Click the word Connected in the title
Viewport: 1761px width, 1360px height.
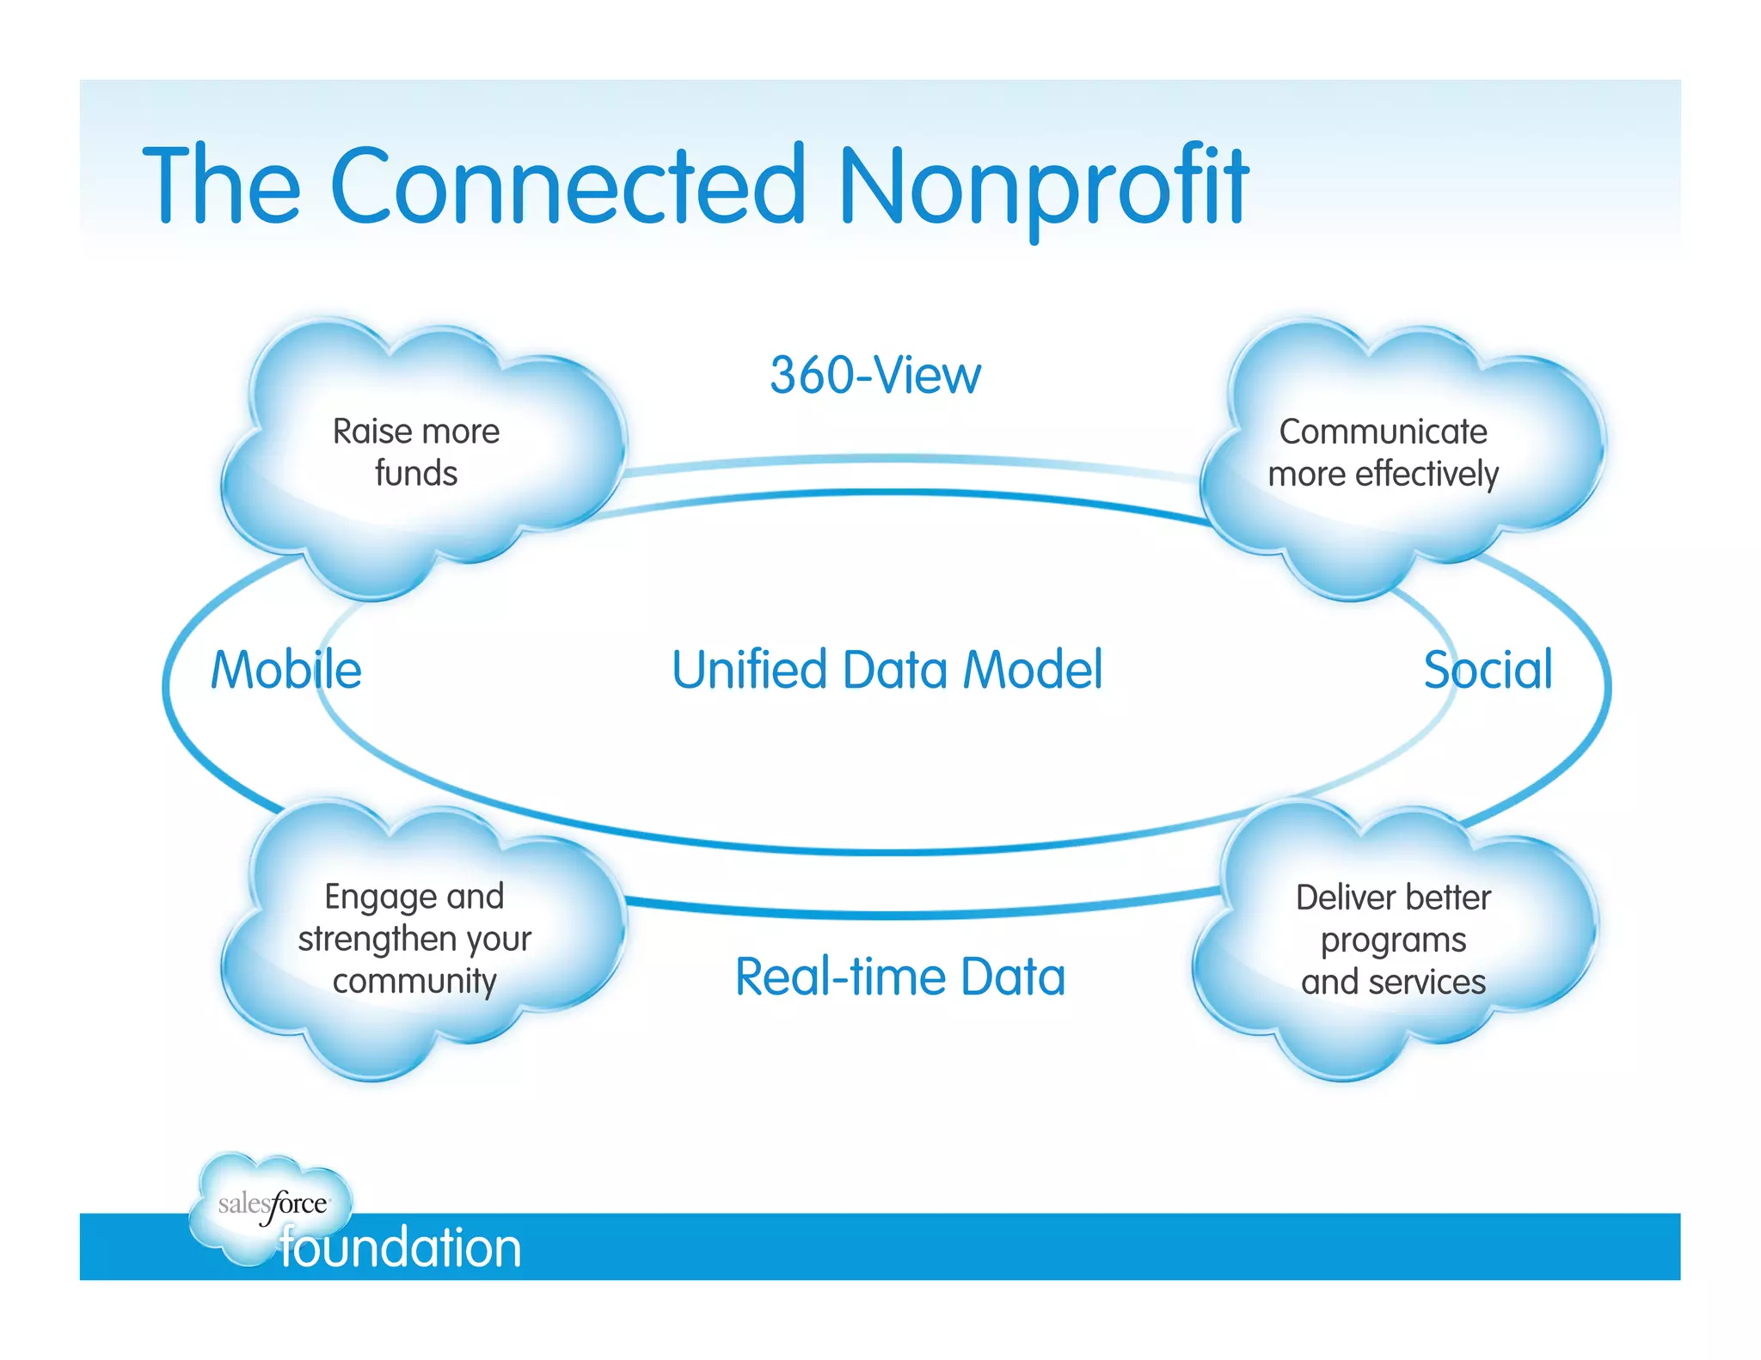568,185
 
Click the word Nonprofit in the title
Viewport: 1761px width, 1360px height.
1042,185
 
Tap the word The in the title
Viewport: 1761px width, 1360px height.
222,185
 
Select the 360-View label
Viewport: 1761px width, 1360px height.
874,376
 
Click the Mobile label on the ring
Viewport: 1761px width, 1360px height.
286,670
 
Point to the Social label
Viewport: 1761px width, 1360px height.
1488,670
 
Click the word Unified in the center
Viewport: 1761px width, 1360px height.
749,670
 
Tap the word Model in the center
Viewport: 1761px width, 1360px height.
1032,670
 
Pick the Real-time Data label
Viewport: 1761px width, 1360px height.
899,977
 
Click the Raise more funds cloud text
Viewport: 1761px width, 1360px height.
416,452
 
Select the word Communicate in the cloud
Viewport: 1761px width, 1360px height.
1383,432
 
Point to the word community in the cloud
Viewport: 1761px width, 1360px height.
414,981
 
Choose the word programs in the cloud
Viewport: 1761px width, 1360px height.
1393,940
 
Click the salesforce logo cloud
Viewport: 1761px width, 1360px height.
271,1204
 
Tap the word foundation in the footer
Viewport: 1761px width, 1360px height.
401,1247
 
